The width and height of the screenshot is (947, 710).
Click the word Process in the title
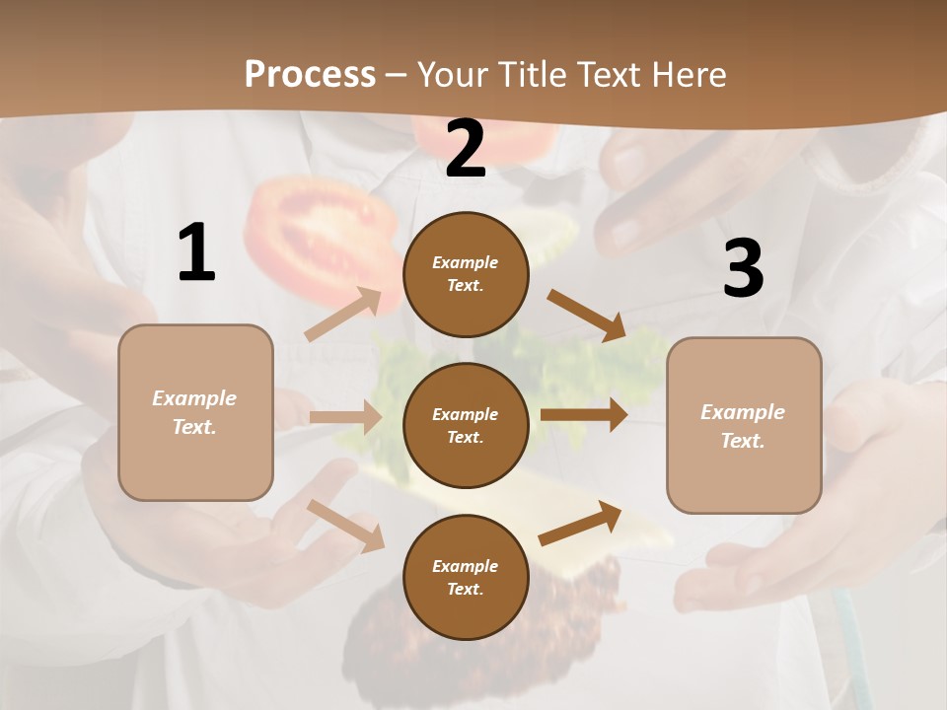coord(310,74)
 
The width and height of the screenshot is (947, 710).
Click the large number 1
coord(196,253)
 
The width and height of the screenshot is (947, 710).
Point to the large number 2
coord(466,150)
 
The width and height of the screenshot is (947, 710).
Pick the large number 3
coord(743,268)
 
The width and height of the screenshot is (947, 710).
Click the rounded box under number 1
coord(195,412)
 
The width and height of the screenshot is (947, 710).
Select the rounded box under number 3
coord(744,426)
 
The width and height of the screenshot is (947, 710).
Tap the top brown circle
coord(466,274)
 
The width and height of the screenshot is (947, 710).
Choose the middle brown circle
coord(466,425)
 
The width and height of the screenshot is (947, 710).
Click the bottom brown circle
coord(466,577)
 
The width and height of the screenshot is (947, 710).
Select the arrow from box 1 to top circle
coord(343,315)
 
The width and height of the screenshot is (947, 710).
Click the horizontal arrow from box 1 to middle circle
coord(345,417)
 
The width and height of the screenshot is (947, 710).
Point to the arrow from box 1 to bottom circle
coord(345,525)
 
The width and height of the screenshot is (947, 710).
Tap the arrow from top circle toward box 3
coord(586,315)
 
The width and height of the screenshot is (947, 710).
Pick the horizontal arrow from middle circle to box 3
coord(584,415)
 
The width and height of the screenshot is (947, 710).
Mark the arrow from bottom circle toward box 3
coord(580,523)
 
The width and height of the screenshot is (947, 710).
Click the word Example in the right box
coord(742,412)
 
